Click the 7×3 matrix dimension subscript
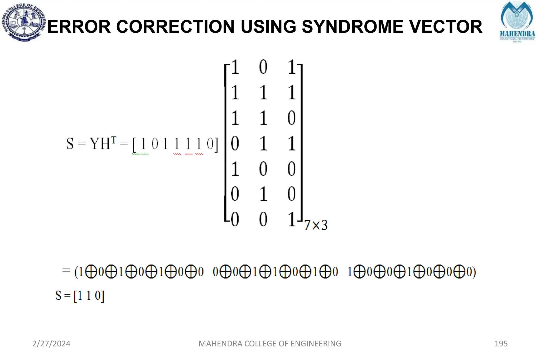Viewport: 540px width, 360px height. (316, 225)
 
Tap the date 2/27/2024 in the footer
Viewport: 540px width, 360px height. (51, 344)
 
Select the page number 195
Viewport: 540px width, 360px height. (501, 344)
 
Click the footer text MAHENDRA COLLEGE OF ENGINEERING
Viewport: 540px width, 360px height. (270, 344)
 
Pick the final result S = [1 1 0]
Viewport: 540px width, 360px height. (80, 296)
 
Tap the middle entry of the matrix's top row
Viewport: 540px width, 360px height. (263, 67)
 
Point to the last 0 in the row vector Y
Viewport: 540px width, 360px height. (210, 144)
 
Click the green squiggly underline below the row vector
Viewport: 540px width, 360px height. (140, 154)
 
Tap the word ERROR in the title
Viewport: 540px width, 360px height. (79, 27)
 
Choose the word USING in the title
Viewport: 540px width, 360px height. (268, 27)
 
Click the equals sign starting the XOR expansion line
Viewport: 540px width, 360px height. (66, 271)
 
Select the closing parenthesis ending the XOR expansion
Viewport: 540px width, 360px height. (474, 272)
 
